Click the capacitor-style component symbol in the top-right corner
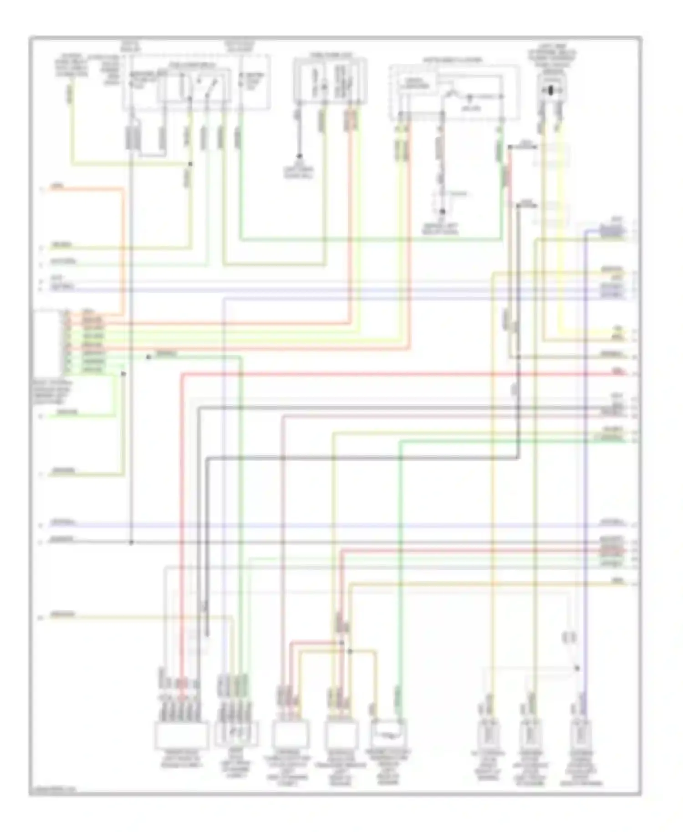pos(551,90)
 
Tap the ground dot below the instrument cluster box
pos(441,212)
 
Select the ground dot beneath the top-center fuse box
pos(299,156)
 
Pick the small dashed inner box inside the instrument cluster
pos(416,84)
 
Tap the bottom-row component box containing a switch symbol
pos(236,733)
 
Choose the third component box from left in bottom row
pos(290,734)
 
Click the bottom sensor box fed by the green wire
pos(389,733)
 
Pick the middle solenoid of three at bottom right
pos(530,734)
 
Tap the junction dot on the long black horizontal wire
pos(131,542)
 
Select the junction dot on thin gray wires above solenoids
pos(577,668)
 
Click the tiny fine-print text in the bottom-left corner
pos(52,790)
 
